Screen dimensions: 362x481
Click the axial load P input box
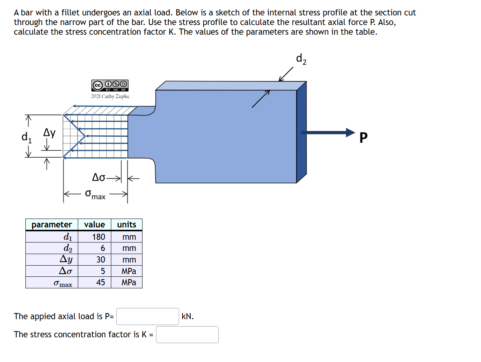point(147,317)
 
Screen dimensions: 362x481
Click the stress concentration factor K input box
point(187,335)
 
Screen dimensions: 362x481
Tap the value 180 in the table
point(99,237)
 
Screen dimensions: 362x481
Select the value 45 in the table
point(101,282)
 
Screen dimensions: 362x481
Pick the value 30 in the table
point(101,259)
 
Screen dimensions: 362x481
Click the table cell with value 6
point(103,248)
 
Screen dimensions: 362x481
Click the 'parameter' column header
point(52,224)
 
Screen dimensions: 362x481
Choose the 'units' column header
point(126,224)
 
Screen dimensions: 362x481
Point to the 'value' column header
point(94,224)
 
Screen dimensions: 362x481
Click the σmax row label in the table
point(63,283)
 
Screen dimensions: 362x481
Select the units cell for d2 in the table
point(129,248)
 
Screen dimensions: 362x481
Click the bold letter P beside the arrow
point(363,137)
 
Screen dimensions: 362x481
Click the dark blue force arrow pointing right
point(328,133)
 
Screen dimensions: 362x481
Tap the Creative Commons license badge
point(110,85)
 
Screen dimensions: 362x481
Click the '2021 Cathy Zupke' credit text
point(110,96)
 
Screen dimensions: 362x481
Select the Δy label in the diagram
point(49,133)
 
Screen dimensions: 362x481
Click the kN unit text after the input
point(188,317)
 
